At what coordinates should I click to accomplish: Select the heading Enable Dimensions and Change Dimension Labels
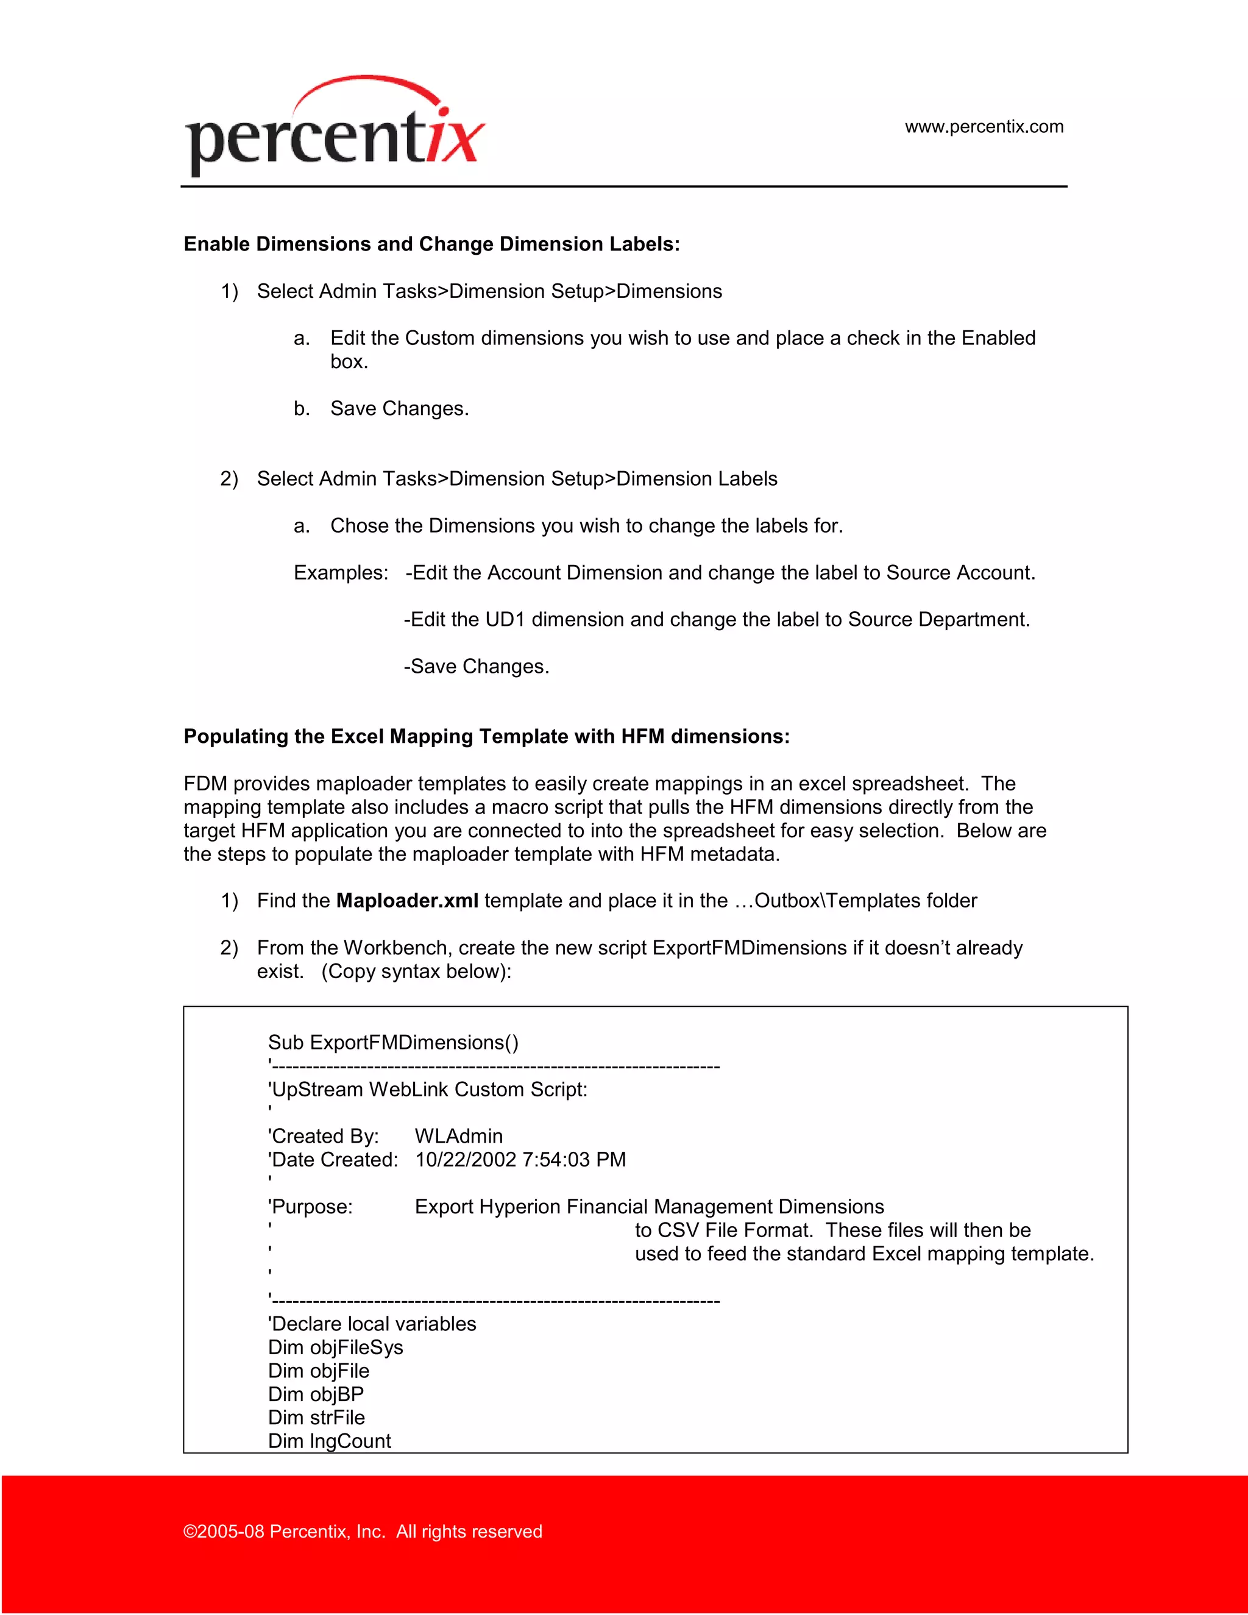click(x=431, y=244)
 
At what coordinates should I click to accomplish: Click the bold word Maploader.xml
click(x=406, y=901)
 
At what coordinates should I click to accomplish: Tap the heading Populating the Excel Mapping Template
click(x=486, y=737)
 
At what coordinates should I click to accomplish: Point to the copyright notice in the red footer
click(x=363, y=1532)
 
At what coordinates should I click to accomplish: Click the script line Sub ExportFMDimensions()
click(x=392, y=1043)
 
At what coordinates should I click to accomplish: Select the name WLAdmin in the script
click(x=458, y=1137)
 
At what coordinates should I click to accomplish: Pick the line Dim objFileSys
click(x=335, y=1347)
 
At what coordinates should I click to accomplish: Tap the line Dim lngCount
click(x=329, y=1441)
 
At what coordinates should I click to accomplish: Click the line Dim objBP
click(x=316, y=1394)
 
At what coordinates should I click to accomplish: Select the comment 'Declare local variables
click(x=372, y=1324)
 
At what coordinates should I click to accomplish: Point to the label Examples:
click(x=341, y=573)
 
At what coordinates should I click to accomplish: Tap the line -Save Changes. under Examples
click(x=476, y=667)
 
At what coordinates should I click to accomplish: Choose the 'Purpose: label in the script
click(x=311, y=1207)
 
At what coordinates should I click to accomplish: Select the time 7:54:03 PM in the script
click(x=573, y=1160)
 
